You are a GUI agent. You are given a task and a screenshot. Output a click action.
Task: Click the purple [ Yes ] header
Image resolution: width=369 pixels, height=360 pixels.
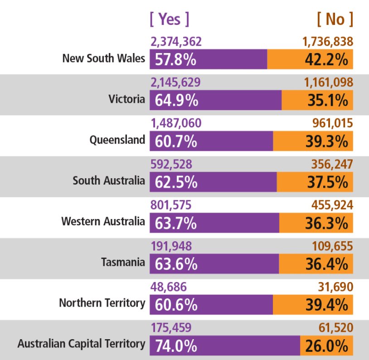point(169,19)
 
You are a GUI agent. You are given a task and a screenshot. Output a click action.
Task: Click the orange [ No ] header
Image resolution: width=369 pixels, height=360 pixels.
point(335,19)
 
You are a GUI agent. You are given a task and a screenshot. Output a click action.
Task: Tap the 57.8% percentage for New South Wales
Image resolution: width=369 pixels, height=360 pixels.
point(176,59)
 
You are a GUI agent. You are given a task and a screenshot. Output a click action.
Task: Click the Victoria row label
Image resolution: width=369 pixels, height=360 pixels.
point(127,99)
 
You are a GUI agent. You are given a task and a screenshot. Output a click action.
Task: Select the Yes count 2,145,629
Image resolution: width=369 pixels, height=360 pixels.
point(175,83)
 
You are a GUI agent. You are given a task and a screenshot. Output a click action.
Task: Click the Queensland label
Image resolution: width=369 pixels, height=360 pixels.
point(117,140)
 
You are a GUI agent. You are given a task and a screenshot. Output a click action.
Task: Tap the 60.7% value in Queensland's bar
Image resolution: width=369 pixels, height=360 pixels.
point(176,141)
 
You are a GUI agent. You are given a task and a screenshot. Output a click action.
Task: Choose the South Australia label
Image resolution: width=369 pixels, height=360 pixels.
point(109,181)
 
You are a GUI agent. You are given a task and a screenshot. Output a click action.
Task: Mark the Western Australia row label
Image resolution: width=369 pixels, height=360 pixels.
point(103,222)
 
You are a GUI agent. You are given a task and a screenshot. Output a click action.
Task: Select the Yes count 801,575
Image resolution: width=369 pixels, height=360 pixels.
point(171,205)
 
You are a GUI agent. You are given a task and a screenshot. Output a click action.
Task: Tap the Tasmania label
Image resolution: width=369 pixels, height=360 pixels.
point(123,263)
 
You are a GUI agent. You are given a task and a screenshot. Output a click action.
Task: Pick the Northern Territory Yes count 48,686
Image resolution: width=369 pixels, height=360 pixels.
point(168,287)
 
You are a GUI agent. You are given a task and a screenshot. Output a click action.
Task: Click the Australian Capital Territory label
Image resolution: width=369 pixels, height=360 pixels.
point(81,344)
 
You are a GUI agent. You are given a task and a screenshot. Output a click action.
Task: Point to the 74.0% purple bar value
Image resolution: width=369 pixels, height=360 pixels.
point(176,346)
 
